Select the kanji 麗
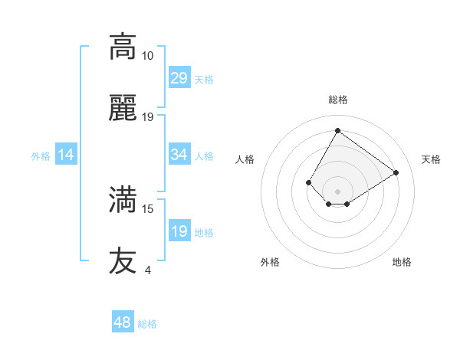pyautogui.click(x=123, y=110)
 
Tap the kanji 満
pyautogui.click(x=123, y=200)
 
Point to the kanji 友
pyautogui.click(x=123, y=260)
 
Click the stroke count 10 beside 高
pyautogui.click(x=147, y=56)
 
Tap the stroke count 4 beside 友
pyautogui.click(x=147, y=270)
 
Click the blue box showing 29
pyautogui.click(x=179, y=78)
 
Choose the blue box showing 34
pyautogui.click(x=179, y=155)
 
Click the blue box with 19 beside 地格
pyautogui.click(x=179, y=231)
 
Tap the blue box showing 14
pyautogui.click(x=66, y=155)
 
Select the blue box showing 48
pyautogui.click(x=123, y=322)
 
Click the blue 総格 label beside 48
pyautogui.click(x=147, y=324)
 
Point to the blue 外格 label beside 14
pyautogui.click(x=41, y=156)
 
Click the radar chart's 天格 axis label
pyautogui.click(x=431, y=159)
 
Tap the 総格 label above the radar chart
pyautogui.click(x=337, y=100)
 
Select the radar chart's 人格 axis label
pyautogui.click(x=245, y=159)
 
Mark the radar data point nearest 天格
pyautogui.click(x=396, y=172)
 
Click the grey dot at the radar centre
pyautogui.click(x=337, y=191)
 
